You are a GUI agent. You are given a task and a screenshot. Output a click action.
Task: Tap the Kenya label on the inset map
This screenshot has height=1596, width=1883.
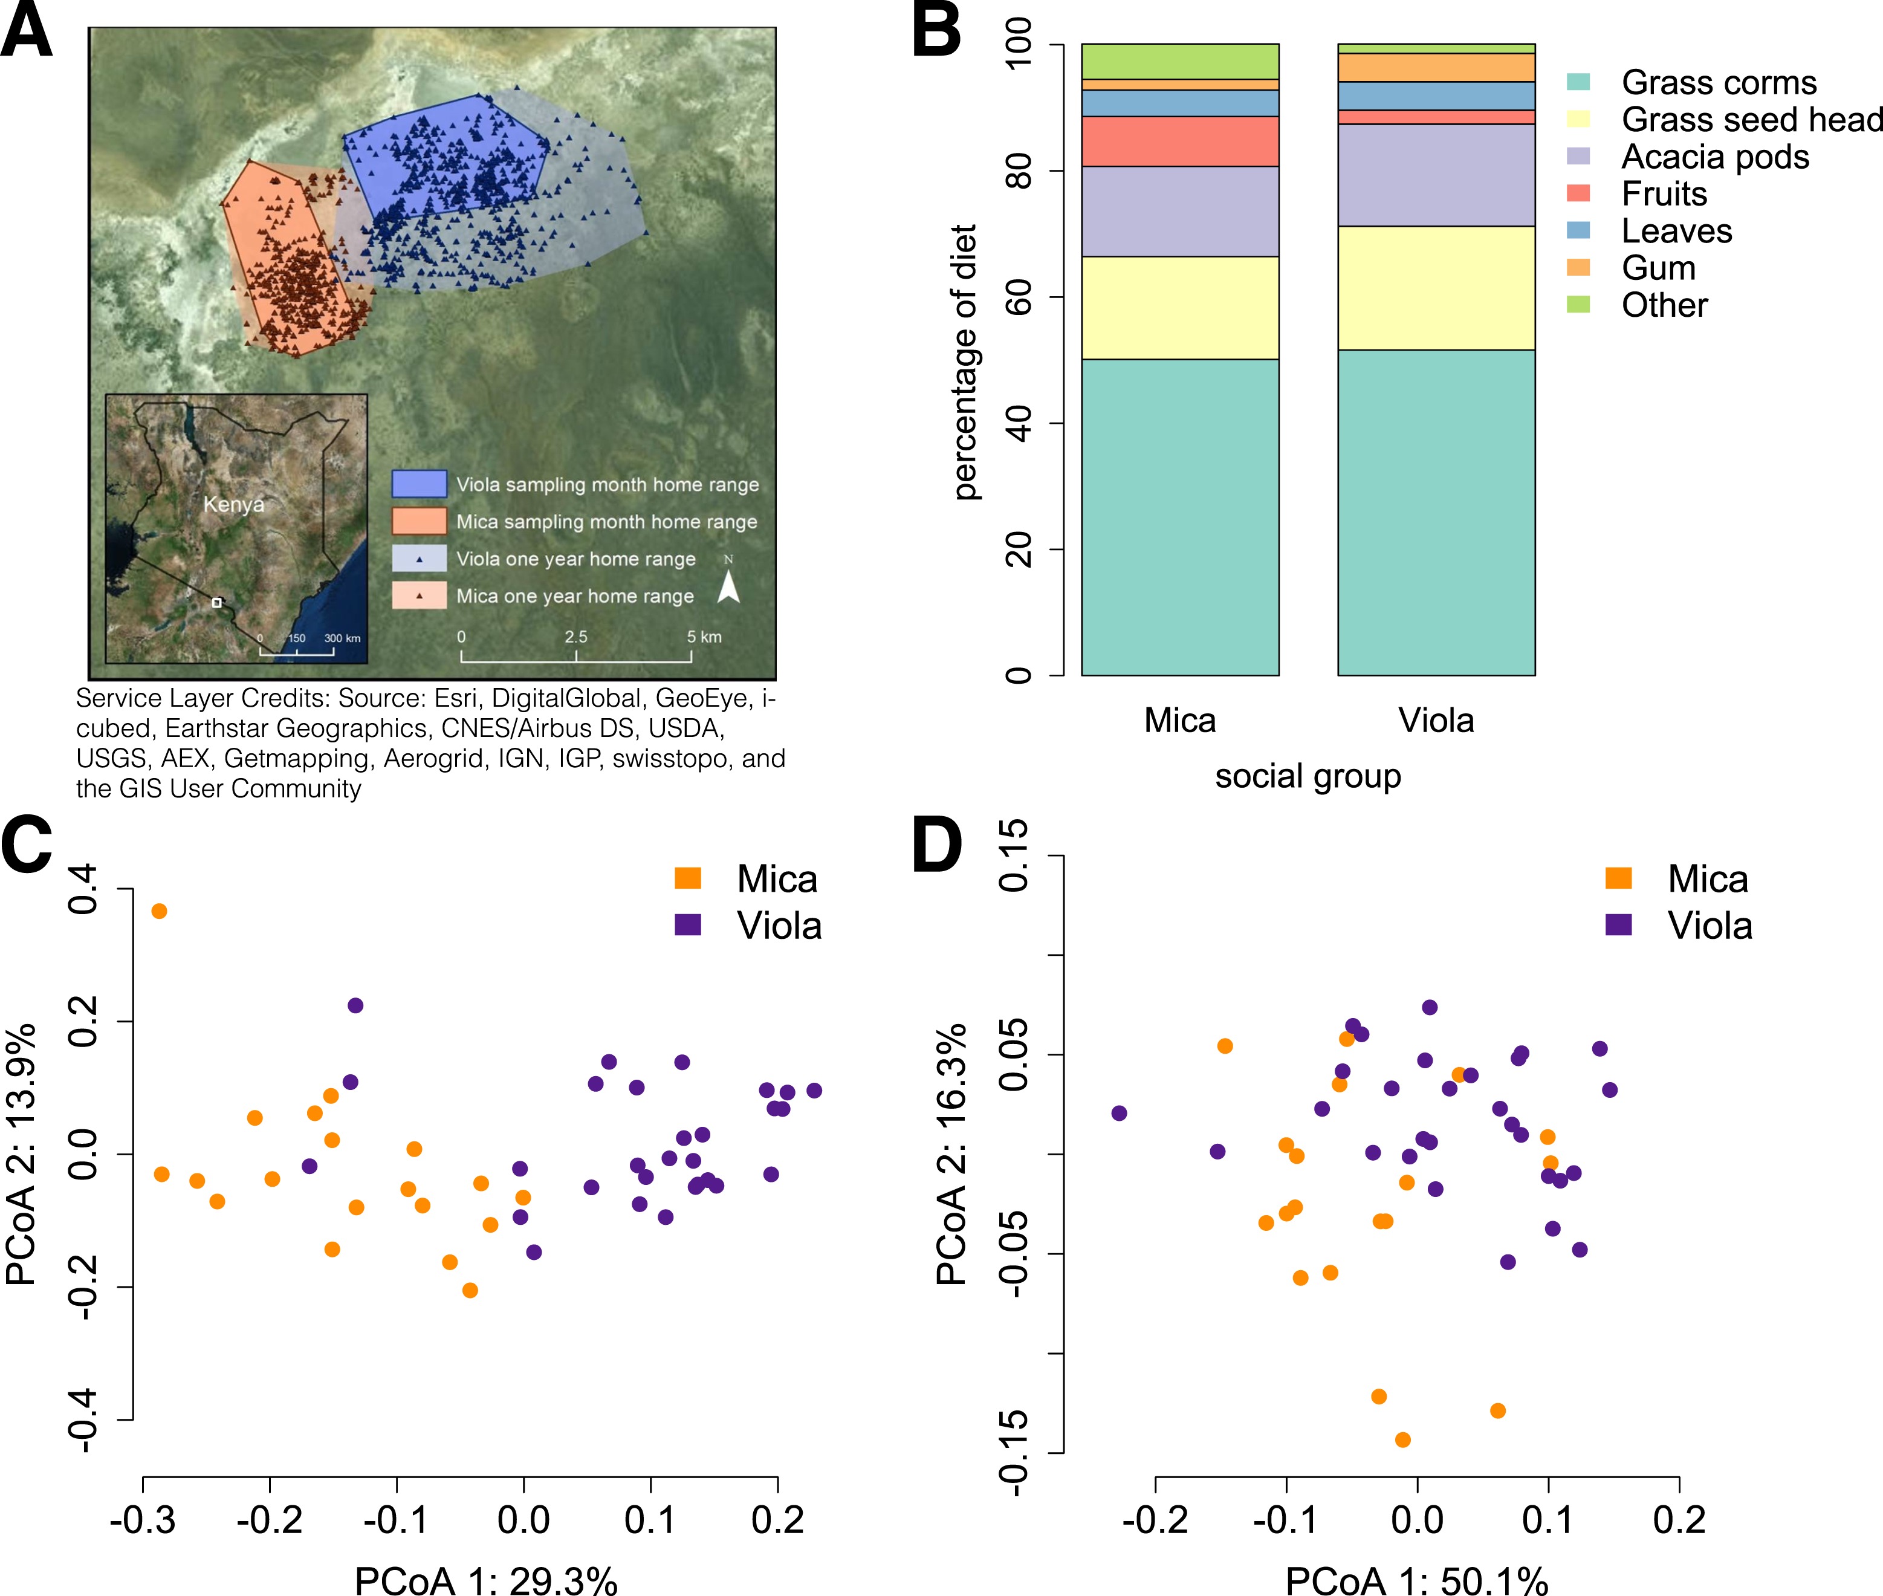[233, 505]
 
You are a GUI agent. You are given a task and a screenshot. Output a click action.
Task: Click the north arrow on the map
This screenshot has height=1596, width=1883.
[728, 588]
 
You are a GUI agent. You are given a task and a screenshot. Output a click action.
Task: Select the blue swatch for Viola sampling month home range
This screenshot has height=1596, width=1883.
[419, 484]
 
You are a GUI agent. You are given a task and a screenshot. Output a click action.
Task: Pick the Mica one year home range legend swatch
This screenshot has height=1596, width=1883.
[419, 595]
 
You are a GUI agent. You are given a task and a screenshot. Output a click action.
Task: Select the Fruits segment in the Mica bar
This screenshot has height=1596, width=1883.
[1180, 141]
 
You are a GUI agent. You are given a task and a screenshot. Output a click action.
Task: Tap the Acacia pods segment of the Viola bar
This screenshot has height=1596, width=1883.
[1436, 175]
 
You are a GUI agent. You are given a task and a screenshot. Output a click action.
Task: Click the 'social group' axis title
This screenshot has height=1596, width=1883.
[1308, 776]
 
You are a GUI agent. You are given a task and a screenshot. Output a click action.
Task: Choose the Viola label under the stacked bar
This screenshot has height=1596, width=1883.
[1436, 720]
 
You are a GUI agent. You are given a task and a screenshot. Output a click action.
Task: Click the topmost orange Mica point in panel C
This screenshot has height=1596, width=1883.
[159, 911]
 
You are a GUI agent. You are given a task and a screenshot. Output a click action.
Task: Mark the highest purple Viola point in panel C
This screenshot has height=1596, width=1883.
[355, 1005]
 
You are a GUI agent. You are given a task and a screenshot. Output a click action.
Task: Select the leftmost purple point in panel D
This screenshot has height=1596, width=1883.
[1120, 1113]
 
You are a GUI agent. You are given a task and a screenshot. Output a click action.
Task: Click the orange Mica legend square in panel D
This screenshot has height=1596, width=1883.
[1618, 878]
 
